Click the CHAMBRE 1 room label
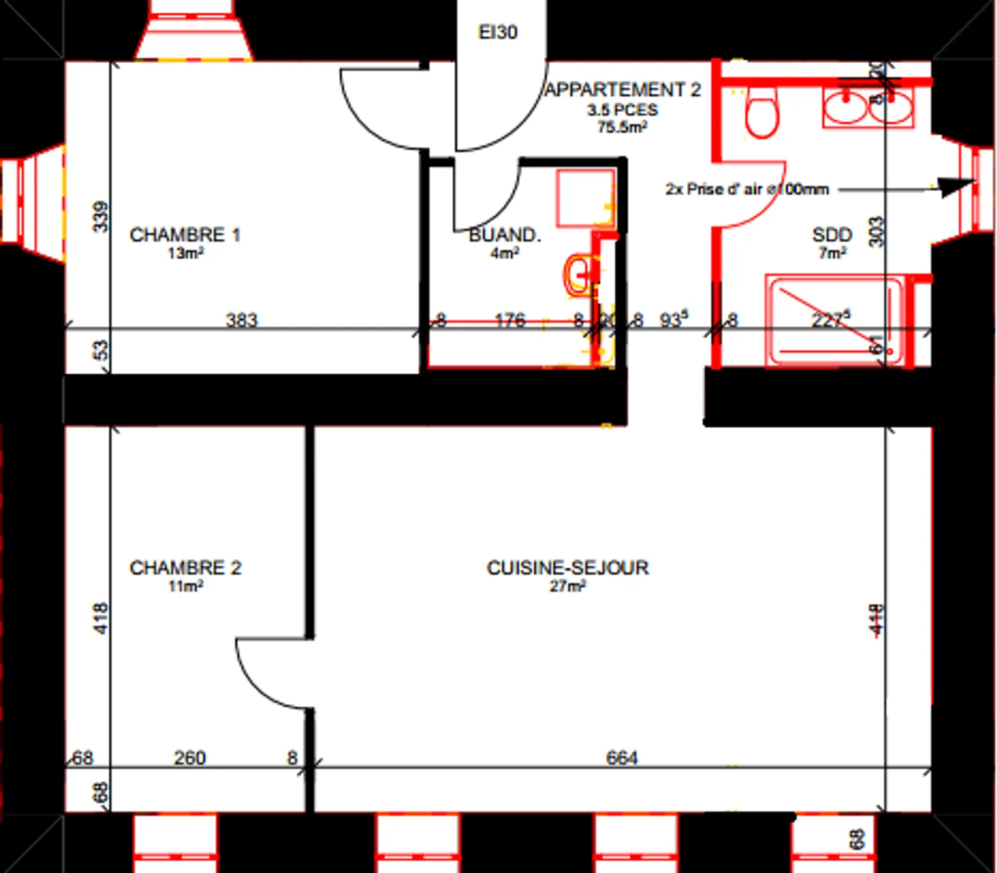click(x=185, y=235)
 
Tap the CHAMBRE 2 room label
click(x=185, y=568)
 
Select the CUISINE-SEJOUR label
click(x=568, y=568)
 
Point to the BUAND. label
click(x=505, y=235)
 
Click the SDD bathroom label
click(x=832, y=235)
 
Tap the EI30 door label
click(x=498, y=33)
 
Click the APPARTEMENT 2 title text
click(x=623, y=90)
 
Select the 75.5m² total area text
click(x=622, y=127)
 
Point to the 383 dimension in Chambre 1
click(x=242, y=321)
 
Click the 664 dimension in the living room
click(x=622, y=758)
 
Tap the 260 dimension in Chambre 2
click(x=190, y=758)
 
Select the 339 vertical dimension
click(x=101, y=217)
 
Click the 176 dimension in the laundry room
click(x=510, y=320)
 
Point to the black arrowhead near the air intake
click(x=955, y=186)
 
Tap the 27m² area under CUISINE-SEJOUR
click(x=568, y=586)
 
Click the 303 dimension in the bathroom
click(x=877, y=231)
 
